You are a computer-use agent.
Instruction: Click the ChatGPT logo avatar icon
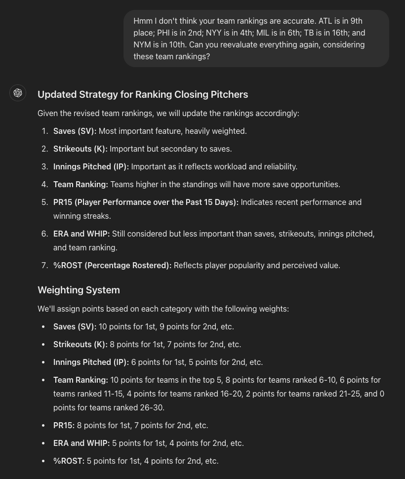(x=18, y=93)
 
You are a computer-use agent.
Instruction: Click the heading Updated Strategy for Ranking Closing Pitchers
(x=143, y=94)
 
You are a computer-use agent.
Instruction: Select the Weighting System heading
(x=79, y=290)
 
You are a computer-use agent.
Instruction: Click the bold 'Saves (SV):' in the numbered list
(x=75, y=131)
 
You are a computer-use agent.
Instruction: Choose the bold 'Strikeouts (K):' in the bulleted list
(x=80, y=344)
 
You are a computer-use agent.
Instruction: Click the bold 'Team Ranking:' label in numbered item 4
(x=81, y=184)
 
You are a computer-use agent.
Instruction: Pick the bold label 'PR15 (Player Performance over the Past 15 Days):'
(x=146, y=202)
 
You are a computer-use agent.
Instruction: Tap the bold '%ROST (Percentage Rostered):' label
(x=112, y=265)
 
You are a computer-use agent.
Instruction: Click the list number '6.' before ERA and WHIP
(x=44, y=234)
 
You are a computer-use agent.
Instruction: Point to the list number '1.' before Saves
(x=44, y=131)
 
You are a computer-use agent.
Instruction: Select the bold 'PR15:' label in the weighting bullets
(x=64, y=425)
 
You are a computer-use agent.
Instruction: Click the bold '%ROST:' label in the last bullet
(x=69, y=461)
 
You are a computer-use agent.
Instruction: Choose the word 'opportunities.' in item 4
(x=316, y=184)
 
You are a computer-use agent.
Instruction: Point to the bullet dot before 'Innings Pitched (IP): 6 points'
(x=43, y=362)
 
